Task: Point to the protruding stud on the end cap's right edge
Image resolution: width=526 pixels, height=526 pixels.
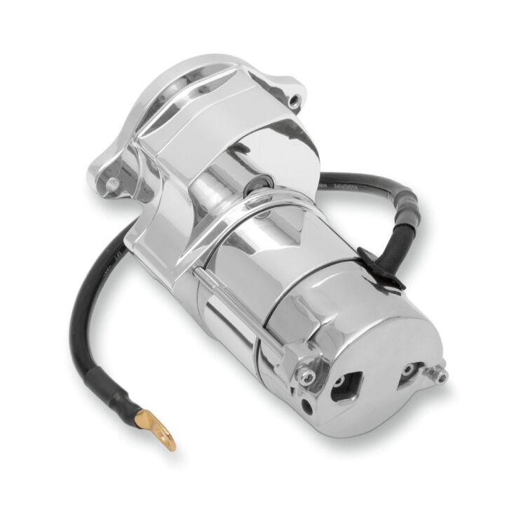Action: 439,377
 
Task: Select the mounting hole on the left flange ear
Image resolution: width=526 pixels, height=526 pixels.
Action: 112,184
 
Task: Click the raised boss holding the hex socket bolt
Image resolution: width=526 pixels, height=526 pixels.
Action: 312,368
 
